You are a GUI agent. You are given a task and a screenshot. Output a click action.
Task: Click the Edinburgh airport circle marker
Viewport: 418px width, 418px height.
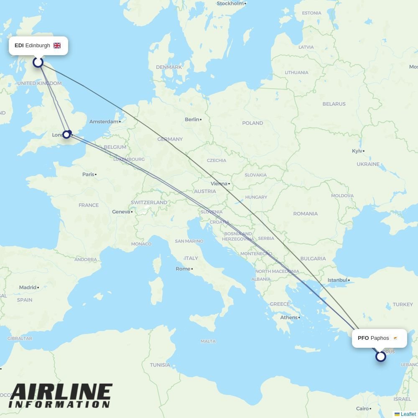[x=38, y=62]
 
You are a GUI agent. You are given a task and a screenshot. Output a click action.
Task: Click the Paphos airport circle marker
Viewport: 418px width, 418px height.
[x=380, y=357]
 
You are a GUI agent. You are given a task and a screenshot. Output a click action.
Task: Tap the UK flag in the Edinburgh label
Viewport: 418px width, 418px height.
[x=57, y=46]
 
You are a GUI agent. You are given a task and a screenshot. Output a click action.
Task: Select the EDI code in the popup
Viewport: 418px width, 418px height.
[x=19, y=46]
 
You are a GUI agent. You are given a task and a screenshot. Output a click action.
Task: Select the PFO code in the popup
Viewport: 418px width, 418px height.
[x=363, y=338]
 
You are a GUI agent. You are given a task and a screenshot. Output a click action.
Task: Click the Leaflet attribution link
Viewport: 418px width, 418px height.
[x=408, y=414]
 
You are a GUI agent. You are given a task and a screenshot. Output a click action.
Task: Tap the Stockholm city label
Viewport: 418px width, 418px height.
[x=230, y=3]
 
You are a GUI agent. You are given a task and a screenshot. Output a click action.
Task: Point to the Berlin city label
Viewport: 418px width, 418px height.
[x=192, y=120]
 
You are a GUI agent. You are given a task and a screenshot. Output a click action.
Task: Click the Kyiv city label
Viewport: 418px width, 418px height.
[x=357, y=151]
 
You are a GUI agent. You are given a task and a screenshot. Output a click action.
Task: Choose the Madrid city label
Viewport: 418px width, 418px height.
[x=28, y=288]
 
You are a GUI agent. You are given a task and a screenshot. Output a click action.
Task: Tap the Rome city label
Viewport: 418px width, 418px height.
[x=183, y=269]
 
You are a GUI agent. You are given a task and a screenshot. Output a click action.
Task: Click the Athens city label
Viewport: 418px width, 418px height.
[x=289, y=318]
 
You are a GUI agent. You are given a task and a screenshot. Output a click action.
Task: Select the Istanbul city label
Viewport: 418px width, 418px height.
[x=337, y=280]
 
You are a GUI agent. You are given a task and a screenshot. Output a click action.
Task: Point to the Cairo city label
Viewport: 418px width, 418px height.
[x=362, y=409]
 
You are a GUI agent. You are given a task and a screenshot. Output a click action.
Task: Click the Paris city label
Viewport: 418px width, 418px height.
[x=88, y=174]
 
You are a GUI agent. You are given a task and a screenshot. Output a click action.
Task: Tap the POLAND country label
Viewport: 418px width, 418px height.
[x=252, y=123]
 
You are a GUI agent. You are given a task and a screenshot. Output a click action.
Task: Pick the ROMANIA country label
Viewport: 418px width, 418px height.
[x=305, y=214]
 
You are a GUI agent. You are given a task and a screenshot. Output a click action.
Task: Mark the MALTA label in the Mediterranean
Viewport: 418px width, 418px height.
[x=208, y=342]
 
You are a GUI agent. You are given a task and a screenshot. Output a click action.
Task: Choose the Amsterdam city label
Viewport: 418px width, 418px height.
[x=104, y=122]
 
